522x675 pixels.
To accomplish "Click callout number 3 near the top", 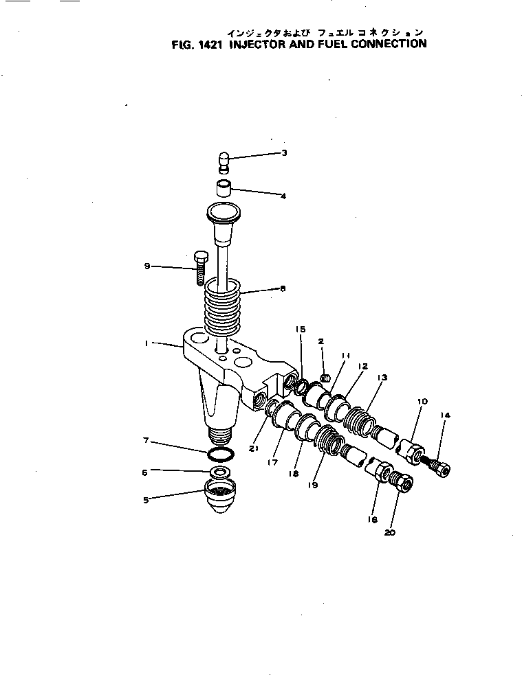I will point(284,152).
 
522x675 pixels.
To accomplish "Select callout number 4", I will point(283,196).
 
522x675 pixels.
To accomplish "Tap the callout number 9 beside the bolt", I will point(147,266).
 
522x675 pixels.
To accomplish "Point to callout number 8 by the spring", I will point(282,289).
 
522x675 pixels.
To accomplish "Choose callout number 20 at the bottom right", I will point(391,531).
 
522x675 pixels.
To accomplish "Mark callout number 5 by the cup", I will point(146,500).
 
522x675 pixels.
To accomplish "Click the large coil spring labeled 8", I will point(224,309).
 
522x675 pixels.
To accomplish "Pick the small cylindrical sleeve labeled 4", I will point(221,187).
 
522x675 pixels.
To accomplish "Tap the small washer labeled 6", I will point(221,472).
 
